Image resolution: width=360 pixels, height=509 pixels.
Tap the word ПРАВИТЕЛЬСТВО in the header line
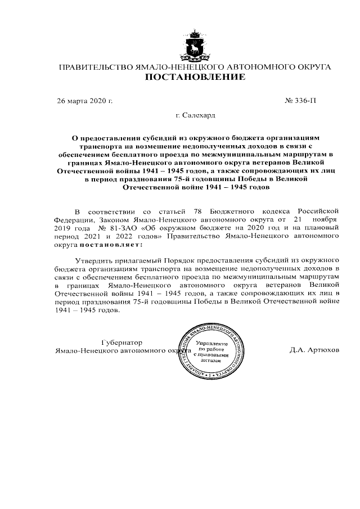[95, 67]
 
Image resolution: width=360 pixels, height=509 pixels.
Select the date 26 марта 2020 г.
[85, 101]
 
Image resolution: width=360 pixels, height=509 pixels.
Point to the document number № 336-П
[301, 101]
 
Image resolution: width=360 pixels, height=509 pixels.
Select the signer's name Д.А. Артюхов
[314, 349]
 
